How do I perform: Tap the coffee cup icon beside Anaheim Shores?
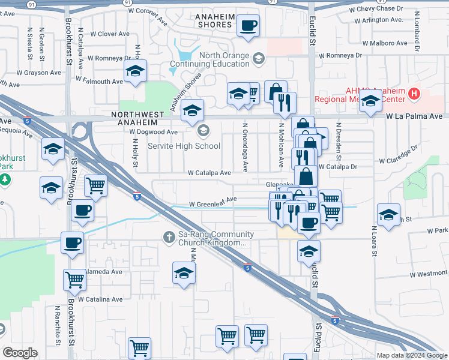tap(248, 26)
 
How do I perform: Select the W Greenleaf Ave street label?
tap(212, 204)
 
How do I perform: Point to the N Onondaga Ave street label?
tap(245, 148)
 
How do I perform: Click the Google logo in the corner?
tap(20, 352)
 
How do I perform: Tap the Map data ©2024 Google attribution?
tap(411, 355)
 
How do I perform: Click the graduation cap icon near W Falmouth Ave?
tap(136, 71)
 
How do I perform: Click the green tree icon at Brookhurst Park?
tap(4, 179)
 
